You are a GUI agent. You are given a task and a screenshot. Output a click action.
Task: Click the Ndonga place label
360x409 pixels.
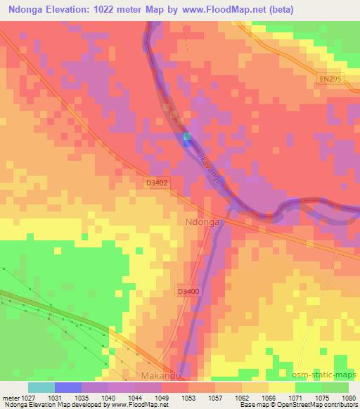coord(203,221)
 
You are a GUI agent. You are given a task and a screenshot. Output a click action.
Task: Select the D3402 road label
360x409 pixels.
coord(155,182)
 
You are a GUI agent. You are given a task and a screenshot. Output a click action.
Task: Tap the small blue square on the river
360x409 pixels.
coord(186,138)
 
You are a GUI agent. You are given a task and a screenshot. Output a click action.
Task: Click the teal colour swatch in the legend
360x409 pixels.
coord(41,387)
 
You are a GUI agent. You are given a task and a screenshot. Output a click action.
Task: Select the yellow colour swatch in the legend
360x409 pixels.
coord(282,387)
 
